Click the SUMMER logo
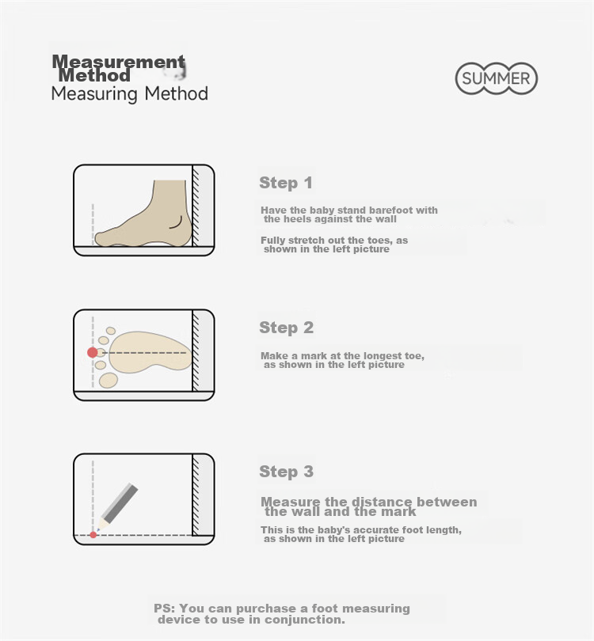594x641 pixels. [497, 78]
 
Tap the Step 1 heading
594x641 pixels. [286, 183]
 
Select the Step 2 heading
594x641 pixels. [287, 328]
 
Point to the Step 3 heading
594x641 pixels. [287, 472]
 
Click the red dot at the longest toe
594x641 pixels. [93, 352]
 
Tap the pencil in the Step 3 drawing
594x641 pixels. [118, 506]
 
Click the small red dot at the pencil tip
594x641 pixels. [93, 535]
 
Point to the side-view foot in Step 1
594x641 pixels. [143, 214]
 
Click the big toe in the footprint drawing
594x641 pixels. [109, 380]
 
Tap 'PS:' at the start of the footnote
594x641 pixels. [165, 609]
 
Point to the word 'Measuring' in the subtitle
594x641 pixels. [94, 93]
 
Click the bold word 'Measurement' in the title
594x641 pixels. [119, 63]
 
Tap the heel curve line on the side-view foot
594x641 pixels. [177, 223]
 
